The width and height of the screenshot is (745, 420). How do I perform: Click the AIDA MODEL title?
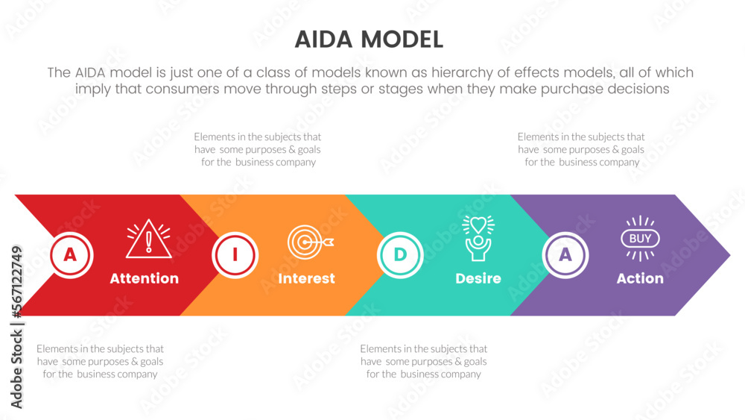[x=369, y=39]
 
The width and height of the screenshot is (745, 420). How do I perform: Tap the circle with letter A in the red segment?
[x=70, y=255]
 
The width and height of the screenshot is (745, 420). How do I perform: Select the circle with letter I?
[x=235, y=255]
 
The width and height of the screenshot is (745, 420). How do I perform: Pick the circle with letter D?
[x=400, y=255]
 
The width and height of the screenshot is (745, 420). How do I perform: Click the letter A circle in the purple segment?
[x=565, y=255]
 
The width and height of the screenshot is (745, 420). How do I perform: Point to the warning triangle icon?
[x=149, y=239]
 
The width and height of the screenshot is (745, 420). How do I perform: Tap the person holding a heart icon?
[x=478, y=236]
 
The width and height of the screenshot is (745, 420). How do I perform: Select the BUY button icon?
[x=640, y=239]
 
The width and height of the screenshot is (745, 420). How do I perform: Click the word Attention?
[x=145, y=278]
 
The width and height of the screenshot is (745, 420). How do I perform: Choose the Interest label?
[x=306, y=278]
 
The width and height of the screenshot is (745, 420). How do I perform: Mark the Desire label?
[x=478, y=278]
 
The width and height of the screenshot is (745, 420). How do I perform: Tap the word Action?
[x=640, y=278]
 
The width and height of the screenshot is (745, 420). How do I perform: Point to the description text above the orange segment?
[x=258, y=149]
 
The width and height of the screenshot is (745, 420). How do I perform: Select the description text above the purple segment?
[x=581, y=149]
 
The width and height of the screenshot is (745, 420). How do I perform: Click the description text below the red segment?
[x=100, y=361]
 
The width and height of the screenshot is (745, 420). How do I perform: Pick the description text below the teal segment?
[x=423, y=361]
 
